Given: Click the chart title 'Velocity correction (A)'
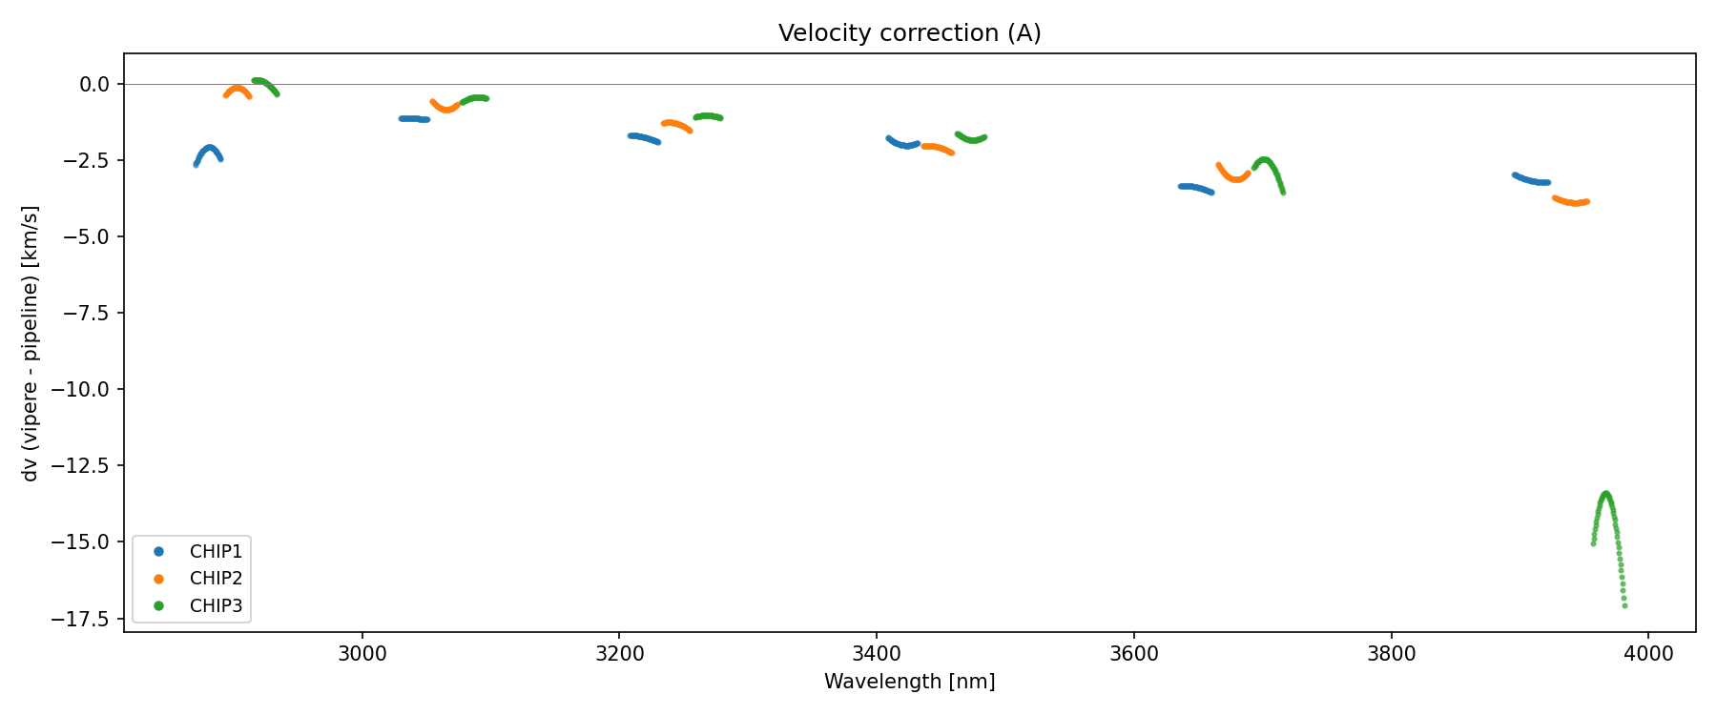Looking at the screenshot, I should point(909,33).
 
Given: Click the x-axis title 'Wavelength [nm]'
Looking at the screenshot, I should point(909,682).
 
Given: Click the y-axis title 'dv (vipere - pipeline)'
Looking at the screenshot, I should point(31,343).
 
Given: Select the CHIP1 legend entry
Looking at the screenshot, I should point(216,552).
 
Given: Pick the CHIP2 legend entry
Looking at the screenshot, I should point(216,579).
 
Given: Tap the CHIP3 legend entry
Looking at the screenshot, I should point(216,606).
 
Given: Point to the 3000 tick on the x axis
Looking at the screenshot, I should point(362,654).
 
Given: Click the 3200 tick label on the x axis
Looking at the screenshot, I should point(619,654).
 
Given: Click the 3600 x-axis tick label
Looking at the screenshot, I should point(1133,654).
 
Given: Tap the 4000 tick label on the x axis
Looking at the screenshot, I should point(1648,654).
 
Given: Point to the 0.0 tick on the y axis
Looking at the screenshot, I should point(94,85).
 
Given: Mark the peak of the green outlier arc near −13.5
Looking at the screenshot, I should point(1605,494).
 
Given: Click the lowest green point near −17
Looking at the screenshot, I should point(1624,605).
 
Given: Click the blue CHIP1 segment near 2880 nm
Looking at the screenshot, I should point(209,148).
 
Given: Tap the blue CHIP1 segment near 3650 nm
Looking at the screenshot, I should point(1195,188).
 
